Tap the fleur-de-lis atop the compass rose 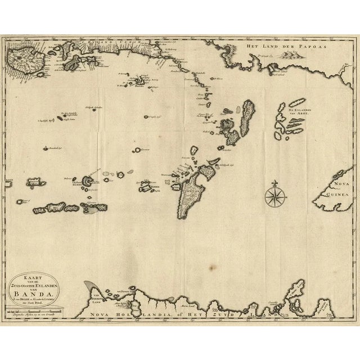[274, 183]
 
